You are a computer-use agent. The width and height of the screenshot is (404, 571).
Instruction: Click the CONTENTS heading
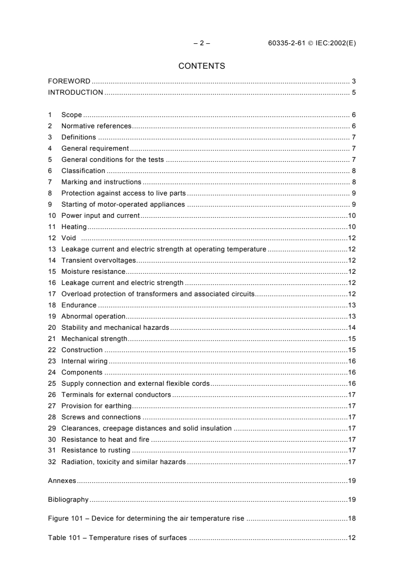click(202, 66)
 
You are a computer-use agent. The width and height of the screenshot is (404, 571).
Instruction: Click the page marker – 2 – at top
click(202, 43)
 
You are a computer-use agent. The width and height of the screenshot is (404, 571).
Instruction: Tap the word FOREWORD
click(69, 81)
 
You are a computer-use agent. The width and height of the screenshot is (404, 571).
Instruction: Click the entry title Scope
click(71, 115)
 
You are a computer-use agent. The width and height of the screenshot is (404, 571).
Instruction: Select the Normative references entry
click(96, 126)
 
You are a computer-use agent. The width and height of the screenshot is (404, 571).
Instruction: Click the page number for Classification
click(353, 171)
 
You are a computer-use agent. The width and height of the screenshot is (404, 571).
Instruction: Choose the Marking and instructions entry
click(101, 182)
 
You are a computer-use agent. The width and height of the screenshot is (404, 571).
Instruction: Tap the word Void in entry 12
click(68, 238)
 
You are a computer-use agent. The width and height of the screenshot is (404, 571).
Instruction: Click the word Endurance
click(78, 305)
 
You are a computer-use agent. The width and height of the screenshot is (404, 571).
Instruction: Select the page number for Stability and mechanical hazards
click(352, 328)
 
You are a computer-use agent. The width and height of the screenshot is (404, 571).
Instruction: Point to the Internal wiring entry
click(84, 361)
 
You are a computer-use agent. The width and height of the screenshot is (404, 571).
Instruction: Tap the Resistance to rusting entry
click(96, 451)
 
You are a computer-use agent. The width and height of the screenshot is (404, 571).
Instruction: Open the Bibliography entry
click(68, 500)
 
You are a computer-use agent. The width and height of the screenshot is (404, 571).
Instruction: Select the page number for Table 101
click(352, 538)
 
